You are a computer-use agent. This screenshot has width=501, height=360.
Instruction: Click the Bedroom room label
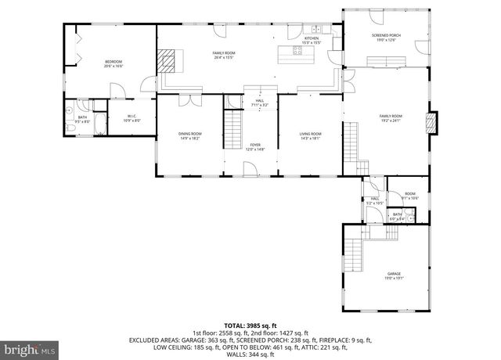(x=114, y=64)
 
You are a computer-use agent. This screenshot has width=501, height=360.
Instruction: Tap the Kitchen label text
(x=312, y=39)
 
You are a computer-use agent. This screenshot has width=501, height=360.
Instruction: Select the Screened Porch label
(x=385, y=38)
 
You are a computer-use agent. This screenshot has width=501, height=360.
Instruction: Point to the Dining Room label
(x=189, y=135)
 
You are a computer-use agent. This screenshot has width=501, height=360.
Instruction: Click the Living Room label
(x=311, y=135)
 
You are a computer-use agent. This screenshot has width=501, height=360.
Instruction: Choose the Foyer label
(x=255, y=147)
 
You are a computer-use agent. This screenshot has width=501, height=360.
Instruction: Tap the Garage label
(x=393, y=275)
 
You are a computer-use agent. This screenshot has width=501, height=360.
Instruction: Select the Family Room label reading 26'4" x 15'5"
(x=224, y=55)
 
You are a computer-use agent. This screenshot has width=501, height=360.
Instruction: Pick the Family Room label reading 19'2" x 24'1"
(x=390, y=118)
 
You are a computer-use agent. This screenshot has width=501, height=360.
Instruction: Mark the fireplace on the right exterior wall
(x=430, y=123)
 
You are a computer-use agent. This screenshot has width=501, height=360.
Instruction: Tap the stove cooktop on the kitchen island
(x=297, y=52)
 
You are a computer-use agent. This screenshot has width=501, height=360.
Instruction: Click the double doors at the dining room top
(x=188, y=99)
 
